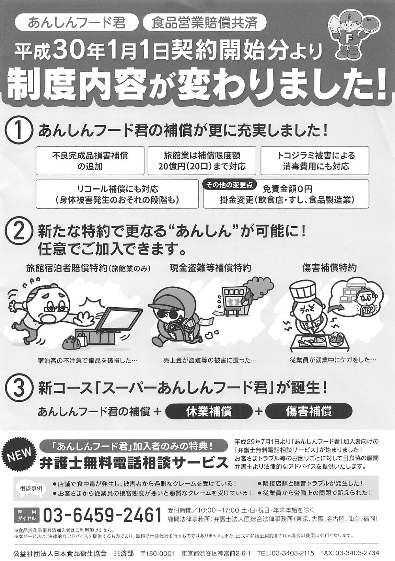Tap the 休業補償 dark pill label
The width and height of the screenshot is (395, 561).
click(209, 411)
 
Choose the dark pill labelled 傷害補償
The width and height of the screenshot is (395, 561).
click(308, 411)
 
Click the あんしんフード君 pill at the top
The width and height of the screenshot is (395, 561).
click(77, 23)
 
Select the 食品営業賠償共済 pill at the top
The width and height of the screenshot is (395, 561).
click(204, 23)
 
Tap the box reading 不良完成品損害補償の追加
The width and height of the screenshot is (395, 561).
click(90, 161)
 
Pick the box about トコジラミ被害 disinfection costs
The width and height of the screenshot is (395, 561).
click(315, 161)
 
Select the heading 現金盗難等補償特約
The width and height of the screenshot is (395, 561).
click(210, 268)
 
